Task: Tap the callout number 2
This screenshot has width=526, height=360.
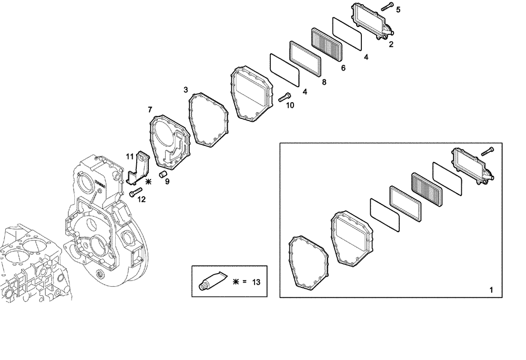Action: (391, 44)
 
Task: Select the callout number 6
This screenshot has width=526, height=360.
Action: (343, 68)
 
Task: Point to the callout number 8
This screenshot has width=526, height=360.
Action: (324, 82)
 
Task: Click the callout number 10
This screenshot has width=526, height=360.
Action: (290, 105)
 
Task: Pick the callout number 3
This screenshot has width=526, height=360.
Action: (186, 90)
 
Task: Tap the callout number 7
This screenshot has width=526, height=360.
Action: (150, 109)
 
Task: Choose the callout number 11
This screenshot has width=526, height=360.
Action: (129, 156)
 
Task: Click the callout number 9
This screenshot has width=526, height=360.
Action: (167, 182)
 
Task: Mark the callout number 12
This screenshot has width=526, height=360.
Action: (141, 199)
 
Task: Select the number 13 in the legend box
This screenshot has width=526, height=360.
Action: (256, 282)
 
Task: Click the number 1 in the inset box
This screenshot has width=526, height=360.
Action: (491, 290)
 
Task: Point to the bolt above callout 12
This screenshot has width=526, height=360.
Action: (136, 192)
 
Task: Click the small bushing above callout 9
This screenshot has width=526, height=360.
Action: (163, 173)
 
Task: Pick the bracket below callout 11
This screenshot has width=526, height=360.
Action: (138, 168)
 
